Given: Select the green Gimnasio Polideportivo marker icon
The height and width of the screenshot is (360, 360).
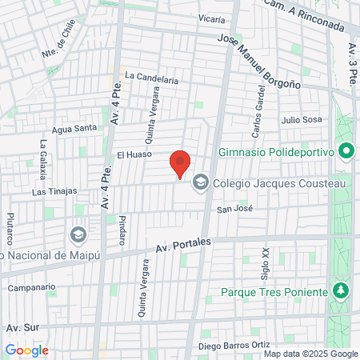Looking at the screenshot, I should click(x=346, y=150).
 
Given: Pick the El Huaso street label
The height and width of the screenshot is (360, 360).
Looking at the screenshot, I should click(x=131, y=154).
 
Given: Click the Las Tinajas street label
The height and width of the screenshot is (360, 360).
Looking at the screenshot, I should click(x=54, y=191).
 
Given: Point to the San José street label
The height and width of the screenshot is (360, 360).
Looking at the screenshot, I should click(x=234, y=210).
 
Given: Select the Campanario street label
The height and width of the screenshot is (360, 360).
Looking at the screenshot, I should click(x=31, y=286).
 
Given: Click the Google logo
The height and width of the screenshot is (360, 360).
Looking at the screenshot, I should click(x=26, y=350).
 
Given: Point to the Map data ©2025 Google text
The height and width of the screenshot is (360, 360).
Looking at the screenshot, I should click(x=311, y=354).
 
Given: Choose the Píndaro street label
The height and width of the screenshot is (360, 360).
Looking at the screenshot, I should click(x=123, y=230).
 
